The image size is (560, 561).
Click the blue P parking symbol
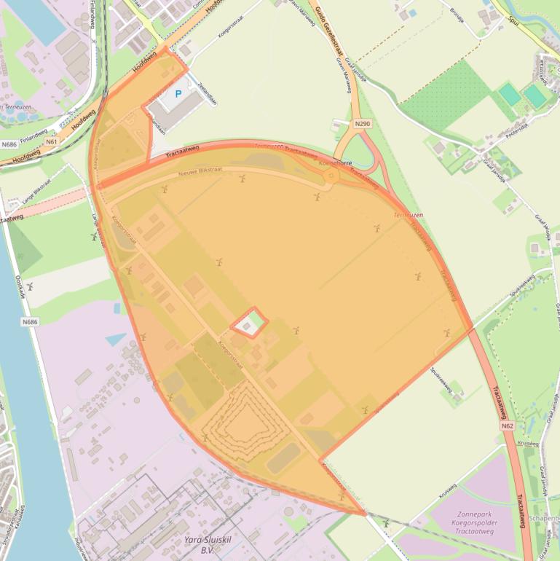(x=178, y=95)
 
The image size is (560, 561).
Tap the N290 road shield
(x=363, y=125)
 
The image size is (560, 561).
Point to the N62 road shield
(x=508, y=425)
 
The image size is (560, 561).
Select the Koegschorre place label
(x=335, y=164)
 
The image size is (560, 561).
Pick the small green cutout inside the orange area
(x=249, y=323)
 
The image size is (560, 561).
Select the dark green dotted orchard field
(x=444, y=95)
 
